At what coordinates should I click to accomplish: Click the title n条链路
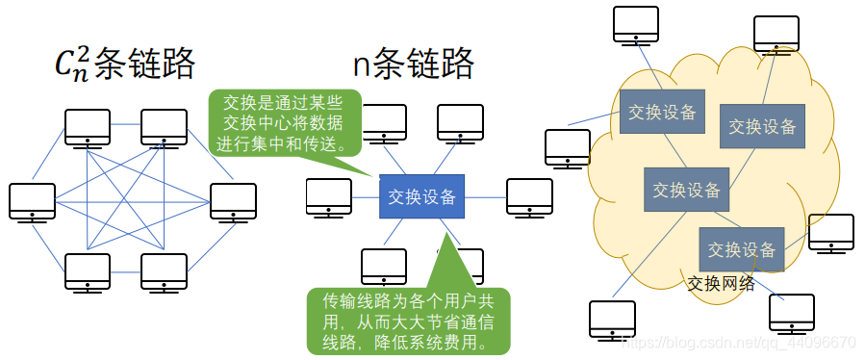413,64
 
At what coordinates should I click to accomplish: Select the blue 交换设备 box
421,196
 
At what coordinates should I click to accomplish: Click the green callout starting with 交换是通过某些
285,123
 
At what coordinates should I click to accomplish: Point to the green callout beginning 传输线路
408,317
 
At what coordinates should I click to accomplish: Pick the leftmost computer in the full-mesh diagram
32,200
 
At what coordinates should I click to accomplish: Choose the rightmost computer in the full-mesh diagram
233,200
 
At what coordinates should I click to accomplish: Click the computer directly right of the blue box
529,195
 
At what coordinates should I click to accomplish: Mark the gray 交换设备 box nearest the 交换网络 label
741,249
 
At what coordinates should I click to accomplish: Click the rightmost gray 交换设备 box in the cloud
762,126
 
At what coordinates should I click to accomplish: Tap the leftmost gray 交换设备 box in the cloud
662,112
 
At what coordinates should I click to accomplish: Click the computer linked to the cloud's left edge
568,147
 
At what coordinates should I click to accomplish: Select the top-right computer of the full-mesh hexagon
164,126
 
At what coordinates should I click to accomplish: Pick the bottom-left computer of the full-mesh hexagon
88,271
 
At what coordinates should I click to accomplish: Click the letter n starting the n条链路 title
363,65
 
